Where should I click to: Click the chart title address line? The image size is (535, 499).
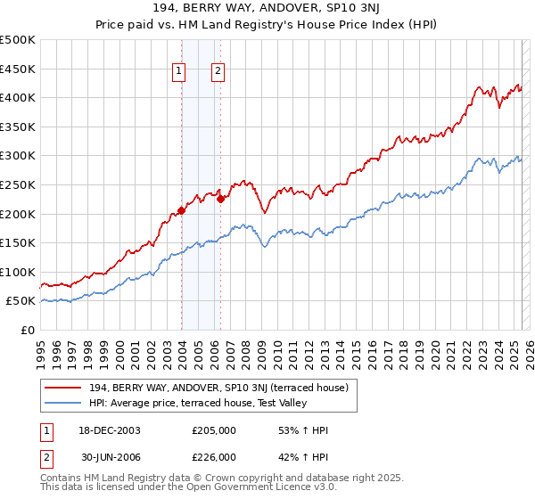point(267,10)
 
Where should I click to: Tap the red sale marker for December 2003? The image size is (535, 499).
point(181,210)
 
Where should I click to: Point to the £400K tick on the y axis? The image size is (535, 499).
point(18,97)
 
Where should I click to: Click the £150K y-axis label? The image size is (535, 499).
point(18,242)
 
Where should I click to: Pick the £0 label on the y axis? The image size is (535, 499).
point(29,330)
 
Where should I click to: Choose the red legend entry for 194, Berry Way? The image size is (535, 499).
point(224,388)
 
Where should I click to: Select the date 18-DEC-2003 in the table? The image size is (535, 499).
point(109,430)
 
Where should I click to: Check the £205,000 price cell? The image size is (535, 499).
point(213,430)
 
